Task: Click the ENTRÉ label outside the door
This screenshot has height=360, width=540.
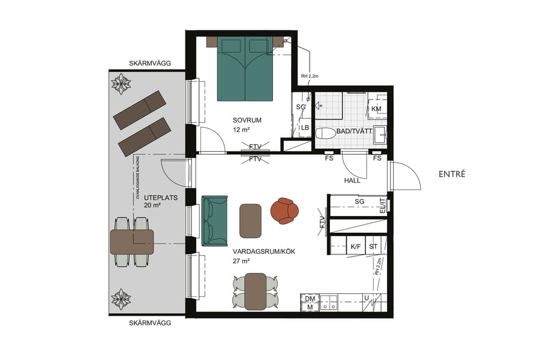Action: click(x=452, y=174)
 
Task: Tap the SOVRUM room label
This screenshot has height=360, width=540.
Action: click(x=247, y=120)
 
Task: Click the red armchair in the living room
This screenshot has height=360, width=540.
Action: click(x=285, y=211)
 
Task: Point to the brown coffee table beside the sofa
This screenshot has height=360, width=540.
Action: click(x=250, y=220)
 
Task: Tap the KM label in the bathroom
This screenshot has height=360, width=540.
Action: click(x=377, y=109)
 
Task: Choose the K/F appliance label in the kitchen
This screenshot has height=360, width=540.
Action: click(x=356, y=246)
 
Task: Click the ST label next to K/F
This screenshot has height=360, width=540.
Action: click(x=373, y=246)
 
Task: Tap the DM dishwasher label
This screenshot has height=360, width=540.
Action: click(x=310, y=298)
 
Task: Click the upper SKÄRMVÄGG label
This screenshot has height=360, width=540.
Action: click(x=150, y=63)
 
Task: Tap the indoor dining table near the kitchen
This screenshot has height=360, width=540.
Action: click(x=255, y=291)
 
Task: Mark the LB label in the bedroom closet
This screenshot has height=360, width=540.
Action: click(x=305, y=128)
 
